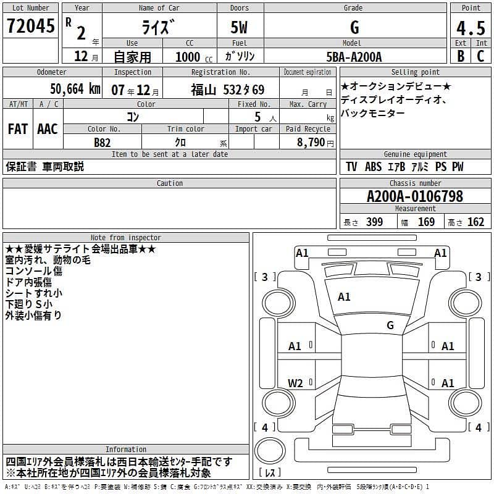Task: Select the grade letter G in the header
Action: tap(354, 27)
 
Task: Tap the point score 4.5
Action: tap(471, 28)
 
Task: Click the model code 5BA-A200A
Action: tap(354, 57)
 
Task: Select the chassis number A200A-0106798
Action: tap(415, 196)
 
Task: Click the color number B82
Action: tap(103, 142)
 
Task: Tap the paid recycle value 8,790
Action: tap(307, 142)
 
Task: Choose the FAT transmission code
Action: tap(18, 129)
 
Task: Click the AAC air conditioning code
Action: tap(48, 129)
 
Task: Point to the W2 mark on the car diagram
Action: tap(295, 383)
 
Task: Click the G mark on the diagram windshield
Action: tap(390, 325)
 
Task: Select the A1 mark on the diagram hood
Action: tap(344, 297)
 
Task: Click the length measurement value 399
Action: tap(374, 222)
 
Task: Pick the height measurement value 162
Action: tap(475, 222)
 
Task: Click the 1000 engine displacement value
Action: tap(187, 57)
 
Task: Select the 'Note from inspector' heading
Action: tap(125, 237)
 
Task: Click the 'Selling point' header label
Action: tap(415, 72)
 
